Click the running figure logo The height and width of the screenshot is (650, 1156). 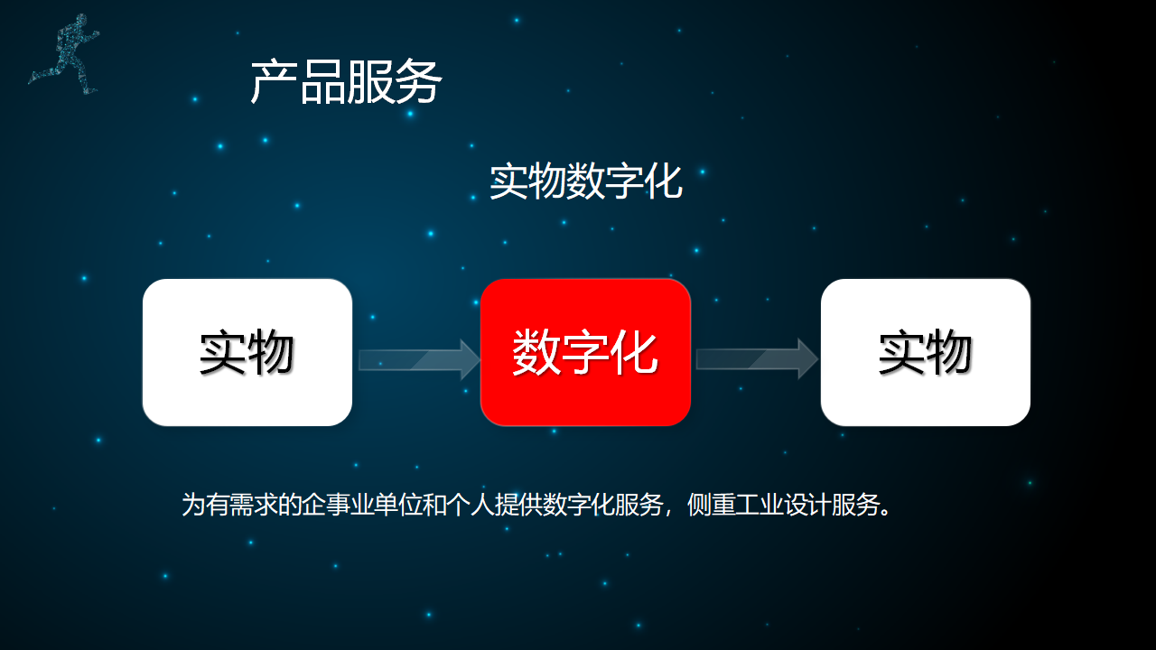(x=64, y=55)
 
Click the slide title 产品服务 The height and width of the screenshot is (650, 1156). (x=346, y=81)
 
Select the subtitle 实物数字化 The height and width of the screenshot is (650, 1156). (x=586, y=181)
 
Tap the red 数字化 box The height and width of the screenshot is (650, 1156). (x=585, y=352)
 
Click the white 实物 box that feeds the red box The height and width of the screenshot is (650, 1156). (x=247, y=352)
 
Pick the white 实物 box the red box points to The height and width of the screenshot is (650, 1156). (x=926, y=352)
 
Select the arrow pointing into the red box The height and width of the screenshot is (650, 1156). (x=419, y=359)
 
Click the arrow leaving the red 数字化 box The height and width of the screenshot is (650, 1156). (x=757, y=359)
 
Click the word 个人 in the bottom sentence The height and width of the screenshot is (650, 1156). (x=471, y=505)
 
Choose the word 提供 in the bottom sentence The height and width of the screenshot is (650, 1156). (x=518, y=505)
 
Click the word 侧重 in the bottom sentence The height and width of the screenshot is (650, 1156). (x=711, y=505)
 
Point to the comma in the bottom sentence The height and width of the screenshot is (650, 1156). (x=669, y=511)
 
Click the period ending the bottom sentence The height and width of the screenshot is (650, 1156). (x=886, y=512)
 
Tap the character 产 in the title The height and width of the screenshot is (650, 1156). (x=274, y=81)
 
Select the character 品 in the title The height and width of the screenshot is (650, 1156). (x=322, y=81)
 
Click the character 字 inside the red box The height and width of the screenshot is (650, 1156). (x=585, y=352)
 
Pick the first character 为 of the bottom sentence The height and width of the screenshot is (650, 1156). (x=193, y=505)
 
